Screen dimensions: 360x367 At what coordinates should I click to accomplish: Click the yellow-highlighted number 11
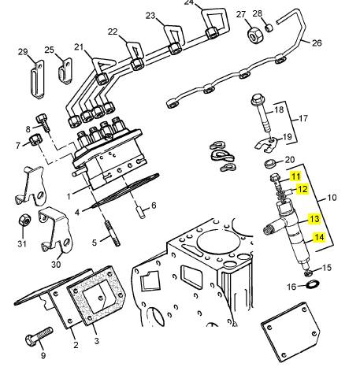point(295,176)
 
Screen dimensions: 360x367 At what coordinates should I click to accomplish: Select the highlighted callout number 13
point(314,219)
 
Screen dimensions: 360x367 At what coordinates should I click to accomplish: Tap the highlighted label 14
point(319,237)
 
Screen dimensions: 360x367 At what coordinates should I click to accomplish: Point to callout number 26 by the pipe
point(317,43)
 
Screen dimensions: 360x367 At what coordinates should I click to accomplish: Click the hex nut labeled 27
point(255,34)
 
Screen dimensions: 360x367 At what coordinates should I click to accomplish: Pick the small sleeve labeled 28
point(269,28)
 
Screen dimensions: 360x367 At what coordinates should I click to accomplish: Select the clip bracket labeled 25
point(65,72)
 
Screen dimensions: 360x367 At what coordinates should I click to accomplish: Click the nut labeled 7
point(35,139)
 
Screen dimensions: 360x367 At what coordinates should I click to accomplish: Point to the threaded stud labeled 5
point(113,233)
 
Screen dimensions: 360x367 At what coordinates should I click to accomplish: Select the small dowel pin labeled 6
point(142,213)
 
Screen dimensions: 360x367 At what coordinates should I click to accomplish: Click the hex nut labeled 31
point(24,220)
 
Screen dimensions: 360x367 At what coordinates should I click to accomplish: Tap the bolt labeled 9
point(39,335)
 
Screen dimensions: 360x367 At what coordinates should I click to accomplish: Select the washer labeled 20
point(269,164)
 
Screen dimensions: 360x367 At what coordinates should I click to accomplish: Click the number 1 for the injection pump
point(69,196)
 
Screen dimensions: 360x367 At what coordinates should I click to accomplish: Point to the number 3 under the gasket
point(97,340)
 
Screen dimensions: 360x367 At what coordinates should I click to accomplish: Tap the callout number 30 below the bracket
point(56,265)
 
